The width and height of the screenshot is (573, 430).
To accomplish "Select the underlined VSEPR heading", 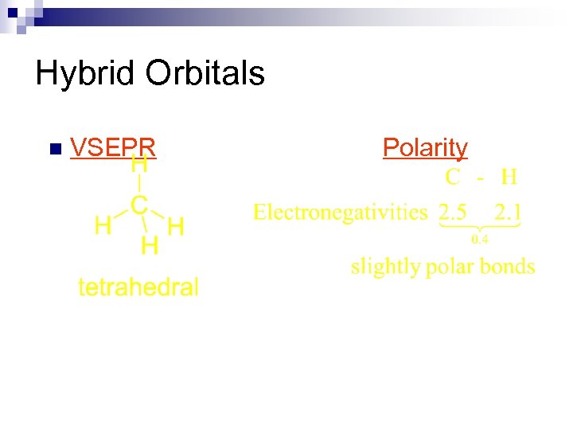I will point(112,147).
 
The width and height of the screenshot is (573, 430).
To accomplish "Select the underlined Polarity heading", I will point(425,147).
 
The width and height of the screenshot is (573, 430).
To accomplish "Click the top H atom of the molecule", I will point(139,166).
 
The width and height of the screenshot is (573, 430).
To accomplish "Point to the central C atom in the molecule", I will point(138,205).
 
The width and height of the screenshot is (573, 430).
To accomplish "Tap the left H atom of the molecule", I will point(103,226).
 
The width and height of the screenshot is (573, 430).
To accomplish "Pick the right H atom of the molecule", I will point(177,227).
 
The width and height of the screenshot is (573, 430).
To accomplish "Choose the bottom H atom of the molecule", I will point(149,246).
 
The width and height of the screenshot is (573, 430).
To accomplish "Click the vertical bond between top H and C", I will point(139,186).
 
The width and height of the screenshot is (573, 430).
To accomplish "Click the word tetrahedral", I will point(138,287).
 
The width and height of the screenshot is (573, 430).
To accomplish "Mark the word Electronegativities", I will point(341,212).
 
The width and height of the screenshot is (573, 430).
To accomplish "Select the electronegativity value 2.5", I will point(453,213).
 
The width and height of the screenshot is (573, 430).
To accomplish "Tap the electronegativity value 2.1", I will point(509,213).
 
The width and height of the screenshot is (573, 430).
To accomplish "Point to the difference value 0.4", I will point(480,238).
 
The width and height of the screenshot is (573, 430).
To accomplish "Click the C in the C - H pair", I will point(452,177).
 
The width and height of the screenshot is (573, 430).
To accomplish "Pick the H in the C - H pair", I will point(509,177).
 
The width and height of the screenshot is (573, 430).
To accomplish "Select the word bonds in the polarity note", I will point(508,266).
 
